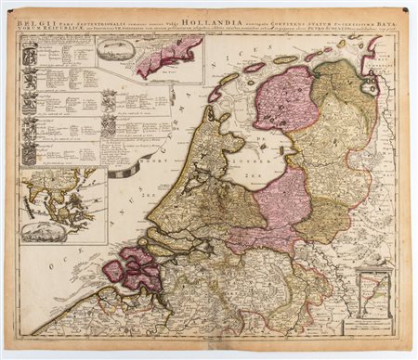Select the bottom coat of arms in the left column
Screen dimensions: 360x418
click(x=30, y=152)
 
